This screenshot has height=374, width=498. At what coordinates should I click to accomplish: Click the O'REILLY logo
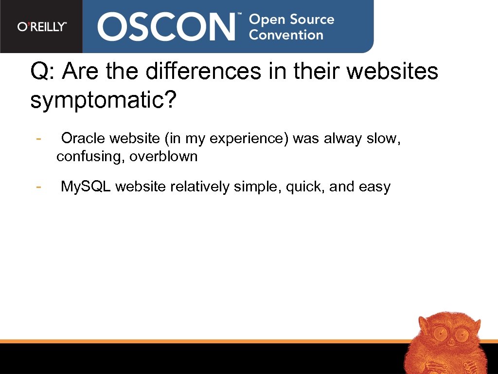[42, 27]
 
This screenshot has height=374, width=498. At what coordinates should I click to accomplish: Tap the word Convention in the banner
[286, 35]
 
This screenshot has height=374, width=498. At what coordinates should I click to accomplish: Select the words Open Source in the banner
[291, 19]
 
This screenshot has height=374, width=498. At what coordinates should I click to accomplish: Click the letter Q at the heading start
[39, 72]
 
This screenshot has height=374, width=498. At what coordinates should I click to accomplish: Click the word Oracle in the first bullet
[84, 139]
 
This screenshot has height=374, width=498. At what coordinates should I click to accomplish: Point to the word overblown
[164, 157]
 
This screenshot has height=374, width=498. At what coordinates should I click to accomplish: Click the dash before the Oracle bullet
[38, 139]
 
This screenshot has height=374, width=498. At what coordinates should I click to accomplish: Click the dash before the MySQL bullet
[38, 187]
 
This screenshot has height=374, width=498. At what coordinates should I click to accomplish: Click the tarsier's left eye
[441, 335]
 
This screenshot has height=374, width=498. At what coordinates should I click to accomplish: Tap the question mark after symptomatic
[169, 100]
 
